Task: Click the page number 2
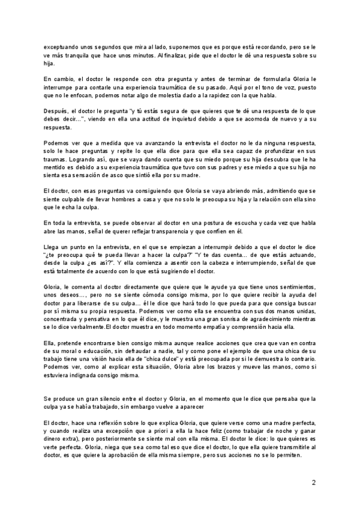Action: [x=314, y=482]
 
